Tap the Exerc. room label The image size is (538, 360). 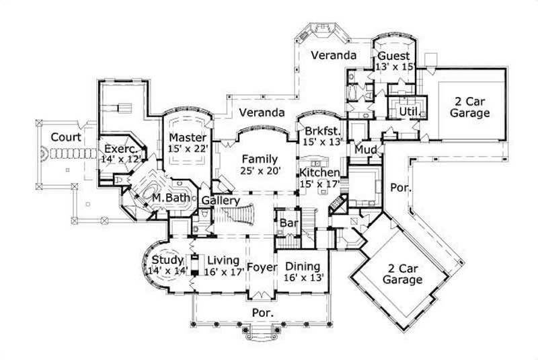pyautogui.click(x=120, y=149)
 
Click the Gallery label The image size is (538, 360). pyautogui.click(x=221, y=201)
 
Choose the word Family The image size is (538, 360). pyautogui.click(x=260, y=159)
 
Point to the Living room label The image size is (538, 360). pyautogui.click(x=223, y=260)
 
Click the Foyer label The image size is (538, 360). pyautogui.click(x=262, y=267)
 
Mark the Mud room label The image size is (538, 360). pyautogui.click(x=365, y=148)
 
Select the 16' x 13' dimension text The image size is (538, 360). pyautogui.click(x=303, y=277)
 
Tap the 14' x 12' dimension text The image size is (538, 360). pyautogui.click(x=120, y=160)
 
